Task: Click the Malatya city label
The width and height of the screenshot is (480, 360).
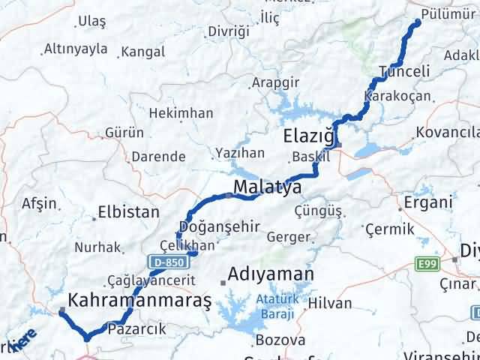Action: pos(267,186)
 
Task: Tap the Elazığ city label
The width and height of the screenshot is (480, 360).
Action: pos(307,136)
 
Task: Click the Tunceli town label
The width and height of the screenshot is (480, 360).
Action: pos(404,71)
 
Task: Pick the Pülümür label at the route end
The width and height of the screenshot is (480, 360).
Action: pos(448,13)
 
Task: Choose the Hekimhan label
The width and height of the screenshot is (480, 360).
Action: pos(181,113)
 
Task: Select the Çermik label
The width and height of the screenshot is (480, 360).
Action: pos(385,228)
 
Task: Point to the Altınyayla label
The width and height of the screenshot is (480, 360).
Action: pos(76,49)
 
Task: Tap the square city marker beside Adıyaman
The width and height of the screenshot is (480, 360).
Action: pos(223,283)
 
